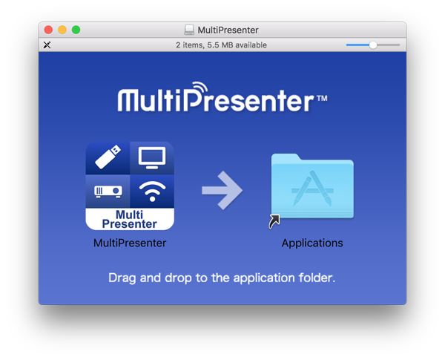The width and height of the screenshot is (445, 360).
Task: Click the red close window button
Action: pyautogui.click(x=49, y=30)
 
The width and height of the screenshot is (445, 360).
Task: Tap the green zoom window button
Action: pyautogui.click(x=76, y=30)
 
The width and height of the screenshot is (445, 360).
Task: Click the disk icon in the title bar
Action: pyautogui.click(x=189, y=30)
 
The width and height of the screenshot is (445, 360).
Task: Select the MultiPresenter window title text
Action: pyautogui.click(x=227, y=30)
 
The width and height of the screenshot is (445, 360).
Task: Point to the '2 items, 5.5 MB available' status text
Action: pyautogui.click(x=221, y=45)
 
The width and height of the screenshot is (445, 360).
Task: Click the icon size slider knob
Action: pyautogui.click(x=373, y=45)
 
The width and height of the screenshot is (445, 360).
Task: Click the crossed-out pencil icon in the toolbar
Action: pyautogui.click(x=47, y=45)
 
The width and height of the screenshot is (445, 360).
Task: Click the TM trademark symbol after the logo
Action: pyautogui.click(x=321, y=98)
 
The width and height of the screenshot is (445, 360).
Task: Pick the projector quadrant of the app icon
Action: pyautogui.click(x=108, y=192)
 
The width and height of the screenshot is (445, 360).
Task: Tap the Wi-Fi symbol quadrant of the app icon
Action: pyautogui.click(x=151, y=192)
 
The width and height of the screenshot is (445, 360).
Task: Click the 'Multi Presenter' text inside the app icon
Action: pyautogui.click(x=130, y=219)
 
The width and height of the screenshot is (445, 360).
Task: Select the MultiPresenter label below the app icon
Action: pyautogui.click(x=130, y=243)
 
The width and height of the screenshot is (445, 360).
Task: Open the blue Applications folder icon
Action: pyautogui.click(x=312, y=186)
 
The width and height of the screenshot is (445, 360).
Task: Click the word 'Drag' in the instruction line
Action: pyautogui.click(x=122, y=278)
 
